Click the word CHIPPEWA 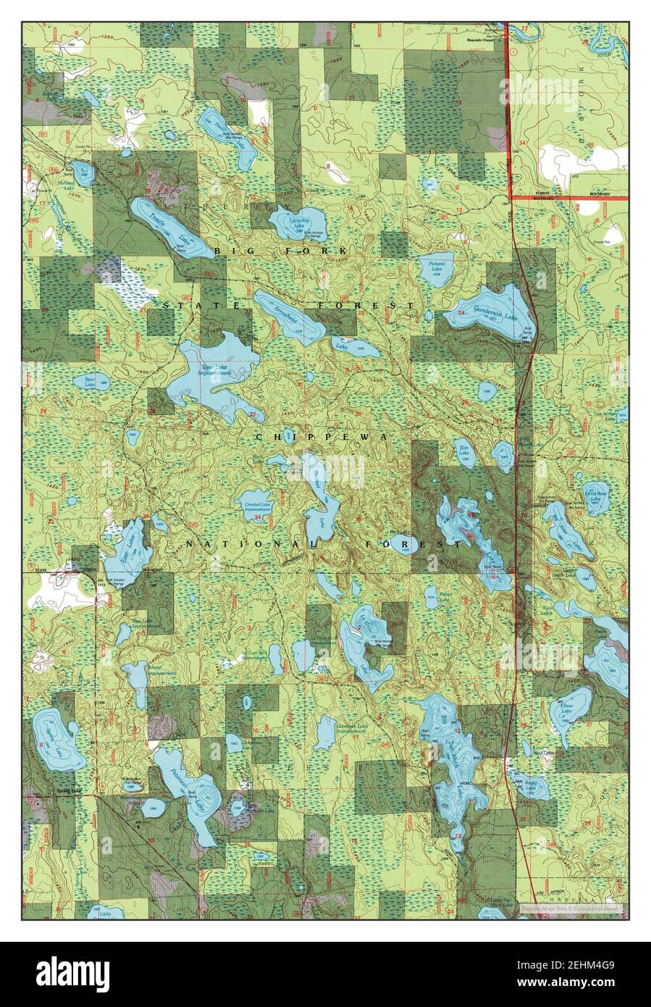[322, 438]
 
